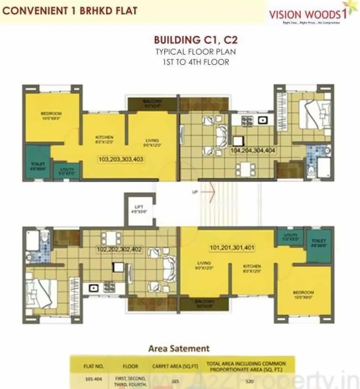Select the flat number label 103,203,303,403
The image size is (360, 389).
tap(121, 159)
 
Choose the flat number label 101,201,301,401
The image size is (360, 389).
tap(232, 248)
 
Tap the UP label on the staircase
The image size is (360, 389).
tap(195, 191)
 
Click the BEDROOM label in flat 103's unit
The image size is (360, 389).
tap(51, 115)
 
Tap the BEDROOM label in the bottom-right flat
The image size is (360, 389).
tap(303, 294)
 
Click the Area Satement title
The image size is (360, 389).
tap(179, 348)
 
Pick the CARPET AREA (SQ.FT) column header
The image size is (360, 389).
tap(177, 366)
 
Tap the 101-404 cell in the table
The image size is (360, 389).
tap(91, 379)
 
